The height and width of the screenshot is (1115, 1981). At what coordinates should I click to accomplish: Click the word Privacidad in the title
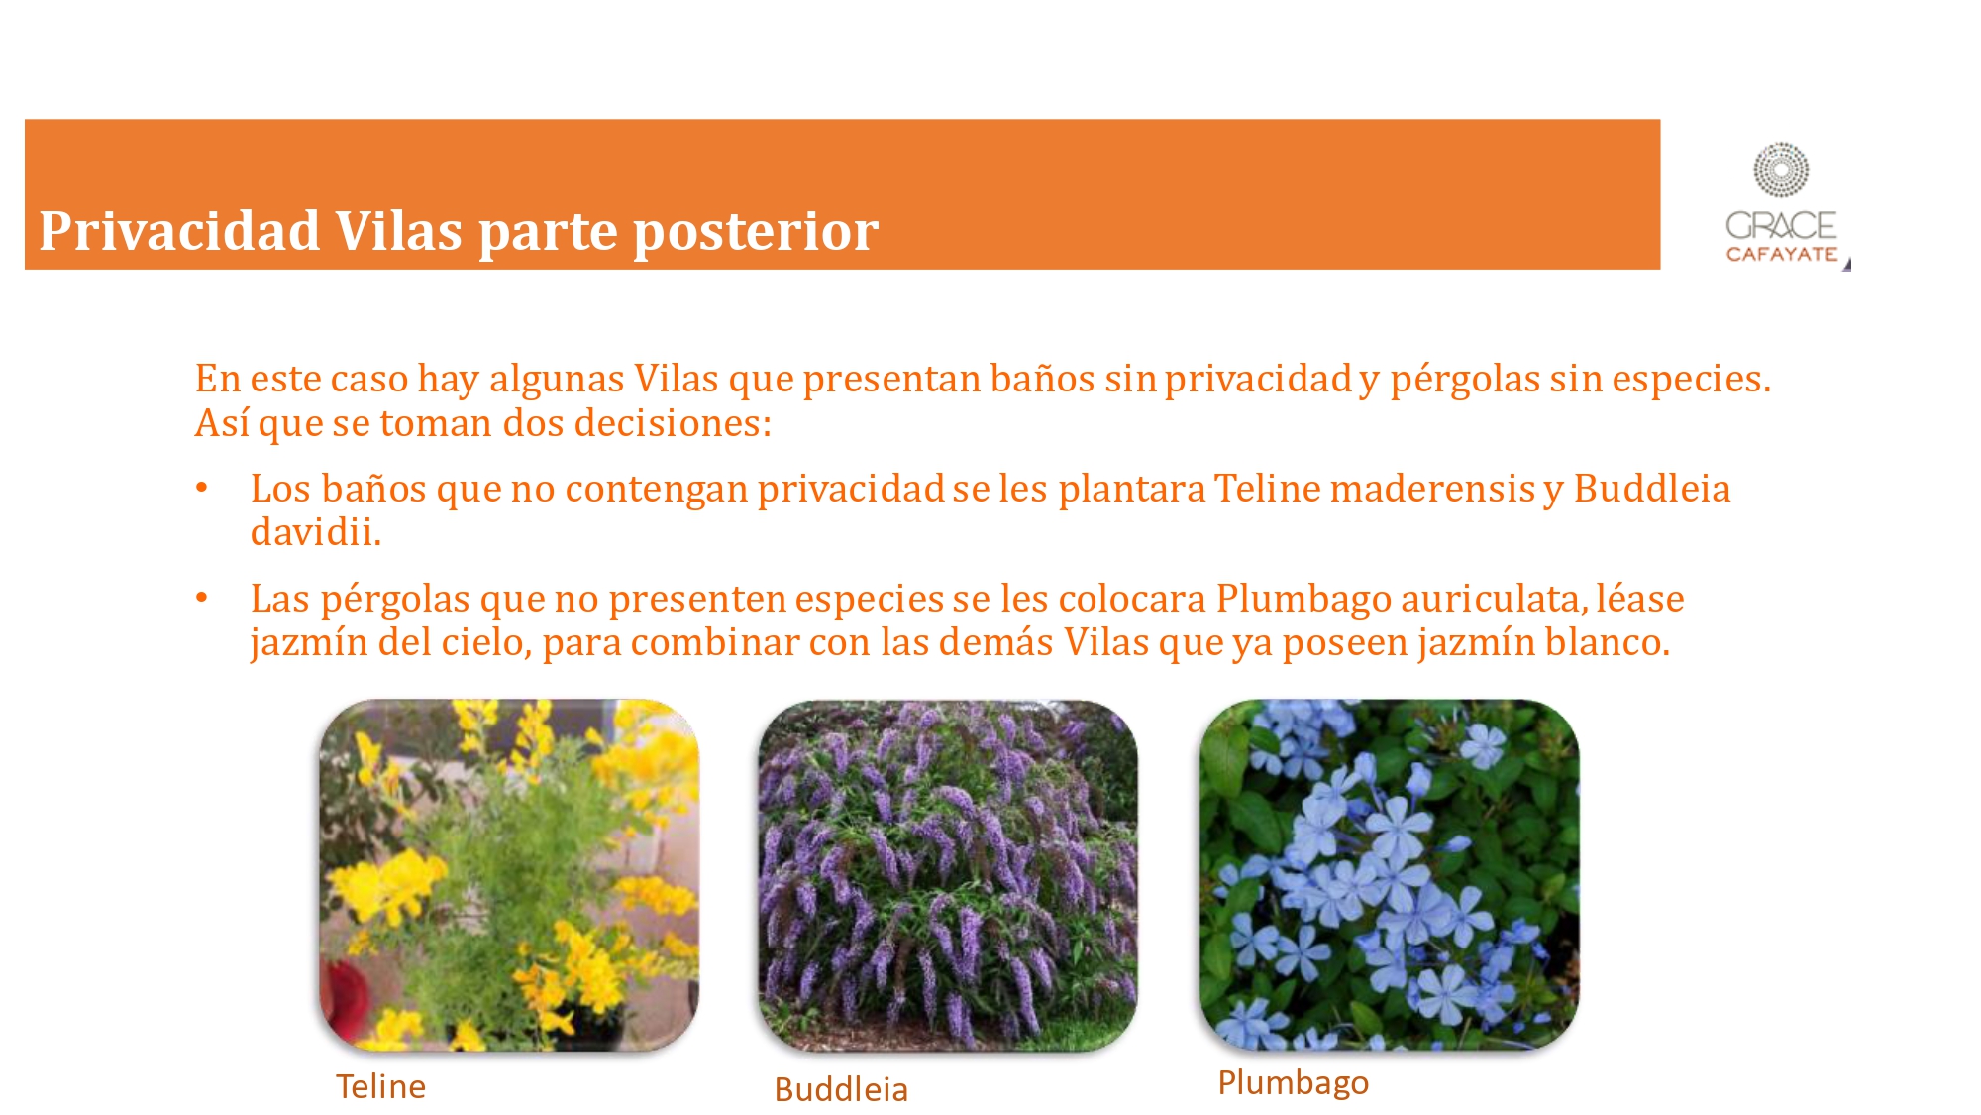pos(179,231)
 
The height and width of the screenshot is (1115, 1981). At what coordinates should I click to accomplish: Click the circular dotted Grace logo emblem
pos(1781,169)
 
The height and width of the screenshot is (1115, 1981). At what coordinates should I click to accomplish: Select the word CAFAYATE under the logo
pos(1782,254)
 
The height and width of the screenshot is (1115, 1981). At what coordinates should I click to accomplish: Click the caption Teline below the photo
pos(380,1086)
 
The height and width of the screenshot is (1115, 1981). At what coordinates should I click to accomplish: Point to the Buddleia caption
pos(841,1089)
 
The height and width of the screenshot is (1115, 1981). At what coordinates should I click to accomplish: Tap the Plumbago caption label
pos(1293,1083)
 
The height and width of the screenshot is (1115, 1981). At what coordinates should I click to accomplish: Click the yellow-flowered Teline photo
pos(509,875)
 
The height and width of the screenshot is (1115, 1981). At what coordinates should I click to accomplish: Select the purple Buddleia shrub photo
pos(948,875)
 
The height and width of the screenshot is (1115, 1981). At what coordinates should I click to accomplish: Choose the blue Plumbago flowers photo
pos(1389,875)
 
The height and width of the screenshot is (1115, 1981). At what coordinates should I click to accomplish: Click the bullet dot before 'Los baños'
pos(202,488)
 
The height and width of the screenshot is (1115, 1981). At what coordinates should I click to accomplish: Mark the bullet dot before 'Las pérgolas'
pos(202,598)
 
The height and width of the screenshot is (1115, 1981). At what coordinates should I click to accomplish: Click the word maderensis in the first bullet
pos(1431,489)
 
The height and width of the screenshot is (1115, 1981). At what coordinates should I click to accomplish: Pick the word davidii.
pos(315,532)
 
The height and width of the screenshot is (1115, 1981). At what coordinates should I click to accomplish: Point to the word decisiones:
pos(673,423)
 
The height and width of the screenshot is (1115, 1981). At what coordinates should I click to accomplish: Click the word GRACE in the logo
pos(1781,225)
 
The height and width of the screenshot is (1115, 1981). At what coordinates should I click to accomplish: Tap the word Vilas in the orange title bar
pos(399,231)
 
